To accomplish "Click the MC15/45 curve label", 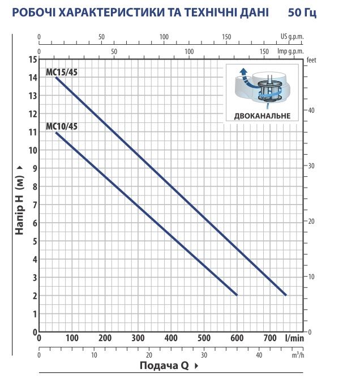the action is coord(62,73).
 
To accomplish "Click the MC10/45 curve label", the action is coord(62,126).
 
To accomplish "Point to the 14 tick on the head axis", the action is coord(33,78).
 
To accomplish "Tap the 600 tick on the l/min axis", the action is coord(237,338).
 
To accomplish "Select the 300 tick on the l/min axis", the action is coord(138,338).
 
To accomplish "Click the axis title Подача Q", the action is coord(164,366).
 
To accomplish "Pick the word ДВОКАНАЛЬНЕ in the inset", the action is coord(262,116).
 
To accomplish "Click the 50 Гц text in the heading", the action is coord(302,12).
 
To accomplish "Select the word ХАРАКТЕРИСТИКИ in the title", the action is coord(112,12).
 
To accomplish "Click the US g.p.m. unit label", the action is coord(292,37).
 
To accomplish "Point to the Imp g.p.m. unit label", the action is coord(290,52).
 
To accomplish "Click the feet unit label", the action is coord(311,60).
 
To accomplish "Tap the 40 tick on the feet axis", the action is coord(311,111).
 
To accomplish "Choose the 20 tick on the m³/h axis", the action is coord(149,355).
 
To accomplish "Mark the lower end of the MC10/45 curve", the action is coord(237,295).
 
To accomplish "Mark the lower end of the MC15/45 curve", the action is coord(286,295).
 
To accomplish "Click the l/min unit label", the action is coord(294,338).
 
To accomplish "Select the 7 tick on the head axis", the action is coord(35,205).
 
